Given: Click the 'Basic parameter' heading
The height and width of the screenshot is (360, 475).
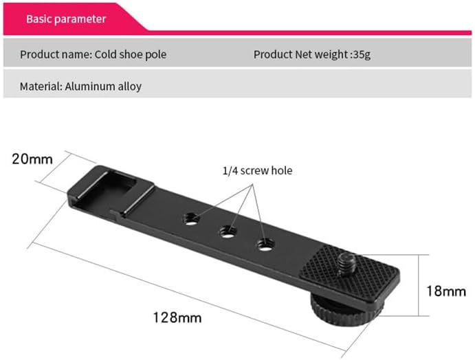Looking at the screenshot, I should click(66, 19).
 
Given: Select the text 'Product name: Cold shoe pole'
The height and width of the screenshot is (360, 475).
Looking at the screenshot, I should click(93, 54).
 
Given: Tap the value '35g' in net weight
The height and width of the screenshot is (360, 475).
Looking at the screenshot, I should click(362, 54).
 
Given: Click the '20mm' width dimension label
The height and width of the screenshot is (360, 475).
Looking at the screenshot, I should click(32, 159).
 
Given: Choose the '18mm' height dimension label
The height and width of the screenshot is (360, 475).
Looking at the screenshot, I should click(445, 291).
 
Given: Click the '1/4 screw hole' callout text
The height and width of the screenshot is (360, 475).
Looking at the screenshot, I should click(256, 170).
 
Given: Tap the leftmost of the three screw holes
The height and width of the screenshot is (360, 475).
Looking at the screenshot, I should click(193, 218).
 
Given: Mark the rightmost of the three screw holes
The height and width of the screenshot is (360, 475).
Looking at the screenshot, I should click(264, 243).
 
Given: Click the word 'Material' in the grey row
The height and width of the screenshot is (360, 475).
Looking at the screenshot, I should click(40, 87).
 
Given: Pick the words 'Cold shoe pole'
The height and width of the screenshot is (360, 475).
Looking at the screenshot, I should click(131, 54).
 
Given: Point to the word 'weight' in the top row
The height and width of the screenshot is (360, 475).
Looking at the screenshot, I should click(331, 54).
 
